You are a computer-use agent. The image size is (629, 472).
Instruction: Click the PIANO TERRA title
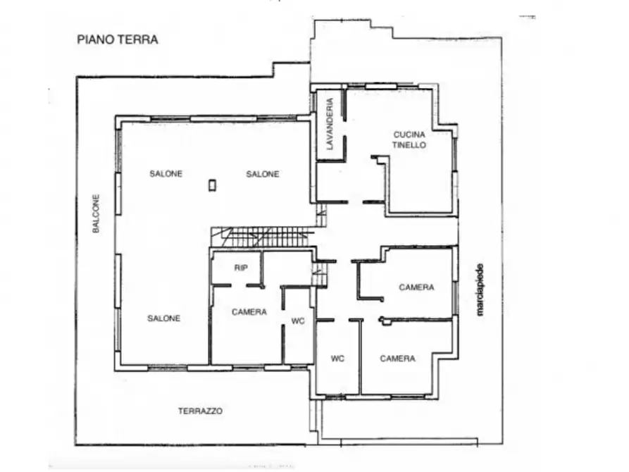point(118,39)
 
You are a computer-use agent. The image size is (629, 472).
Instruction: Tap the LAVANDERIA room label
point(330,124)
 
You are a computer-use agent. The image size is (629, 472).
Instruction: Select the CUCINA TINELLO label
point(409,139)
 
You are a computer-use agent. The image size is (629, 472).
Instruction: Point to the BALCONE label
point(96,213)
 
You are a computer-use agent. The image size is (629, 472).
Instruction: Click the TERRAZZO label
point(200,411)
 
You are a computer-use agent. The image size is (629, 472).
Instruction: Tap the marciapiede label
point(480,290)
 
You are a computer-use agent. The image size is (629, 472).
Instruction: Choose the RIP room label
point(241,268)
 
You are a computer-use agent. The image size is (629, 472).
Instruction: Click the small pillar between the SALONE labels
point(212,185)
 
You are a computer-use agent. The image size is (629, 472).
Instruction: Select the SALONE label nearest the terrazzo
point(163,318)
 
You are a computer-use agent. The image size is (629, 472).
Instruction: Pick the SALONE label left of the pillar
point(166,174)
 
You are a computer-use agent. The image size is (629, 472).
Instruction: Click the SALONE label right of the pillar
point(263,174)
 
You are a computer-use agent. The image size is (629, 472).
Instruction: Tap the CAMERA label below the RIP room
point(249,312)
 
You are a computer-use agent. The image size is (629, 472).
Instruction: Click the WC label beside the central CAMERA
point(298,321)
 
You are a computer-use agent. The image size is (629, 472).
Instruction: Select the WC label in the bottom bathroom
point(337,359)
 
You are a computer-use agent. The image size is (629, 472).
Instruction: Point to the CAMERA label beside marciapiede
point(416,287)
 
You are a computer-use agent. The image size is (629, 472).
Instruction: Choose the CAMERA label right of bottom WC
point(397,359)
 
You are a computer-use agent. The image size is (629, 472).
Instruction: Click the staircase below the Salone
point(263,237)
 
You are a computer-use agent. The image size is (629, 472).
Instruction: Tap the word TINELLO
point(409,145)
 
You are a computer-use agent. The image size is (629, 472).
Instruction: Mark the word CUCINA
point(409,135)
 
